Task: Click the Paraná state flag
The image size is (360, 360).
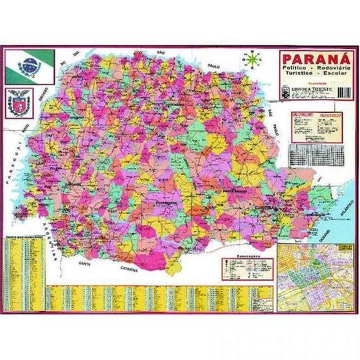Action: coord(30,62)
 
